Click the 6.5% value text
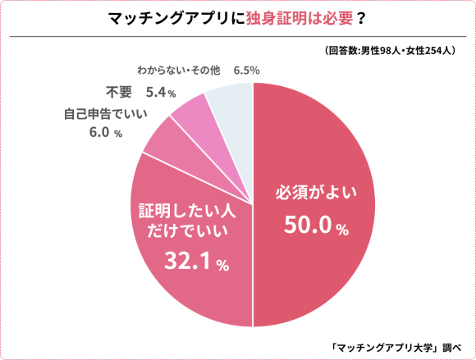coord(246,71)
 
